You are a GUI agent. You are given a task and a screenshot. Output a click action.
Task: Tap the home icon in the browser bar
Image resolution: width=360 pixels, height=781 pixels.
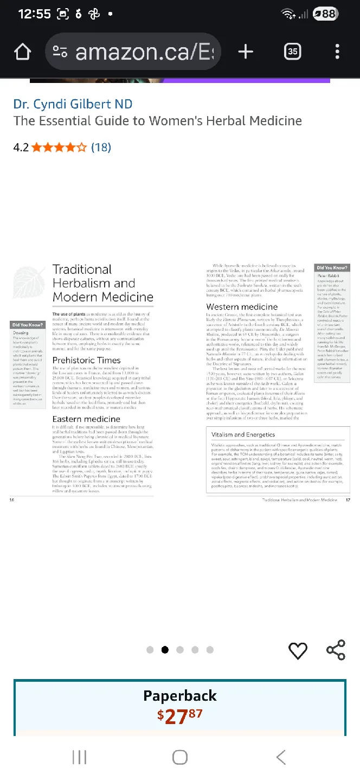[x=22, y=52]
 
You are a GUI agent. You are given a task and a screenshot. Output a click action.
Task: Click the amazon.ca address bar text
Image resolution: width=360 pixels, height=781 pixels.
[x=144, y=52]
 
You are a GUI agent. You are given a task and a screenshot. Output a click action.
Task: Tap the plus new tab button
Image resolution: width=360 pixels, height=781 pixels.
[x=246, y=52]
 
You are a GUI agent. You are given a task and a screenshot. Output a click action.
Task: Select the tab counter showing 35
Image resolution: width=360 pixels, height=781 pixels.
[x=292, y=52]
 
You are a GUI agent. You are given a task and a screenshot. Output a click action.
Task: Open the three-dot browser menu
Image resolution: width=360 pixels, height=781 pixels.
[x=337, y=52]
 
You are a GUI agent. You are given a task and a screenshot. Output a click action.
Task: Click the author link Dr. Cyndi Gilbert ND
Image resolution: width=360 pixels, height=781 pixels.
[x=73, y=104]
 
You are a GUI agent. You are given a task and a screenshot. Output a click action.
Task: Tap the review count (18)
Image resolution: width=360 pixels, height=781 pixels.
[x=101, y=147]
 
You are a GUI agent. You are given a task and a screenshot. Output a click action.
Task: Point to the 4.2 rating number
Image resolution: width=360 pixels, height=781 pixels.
[x=21, y=147]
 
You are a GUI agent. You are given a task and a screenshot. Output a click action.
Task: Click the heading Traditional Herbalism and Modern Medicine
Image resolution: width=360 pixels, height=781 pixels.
[x=102, y=283]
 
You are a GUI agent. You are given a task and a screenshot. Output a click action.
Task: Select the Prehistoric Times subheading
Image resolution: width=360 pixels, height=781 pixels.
[x=86, y=360]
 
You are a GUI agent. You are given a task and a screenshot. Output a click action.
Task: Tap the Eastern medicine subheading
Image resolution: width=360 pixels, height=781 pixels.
[x=86, y=419]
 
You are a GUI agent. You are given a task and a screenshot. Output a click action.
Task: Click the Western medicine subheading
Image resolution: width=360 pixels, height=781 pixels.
[x=242, y=307]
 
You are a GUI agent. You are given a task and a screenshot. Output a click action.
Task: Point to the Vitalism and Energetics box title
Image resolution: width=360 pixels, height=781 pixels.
[x=243, y=434]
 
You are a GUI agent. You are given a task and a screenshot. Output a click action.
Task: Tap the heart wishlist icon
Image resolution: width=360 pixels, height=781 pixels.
[x=298, y=650]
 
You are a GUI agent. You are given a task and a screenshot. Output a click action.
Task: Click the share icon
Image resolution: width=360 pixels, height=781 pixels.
[x=336, y=650]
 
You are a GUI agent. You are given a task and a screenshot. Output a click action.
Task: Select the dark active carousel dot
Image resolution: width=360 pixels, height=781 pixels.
[x=165, y=650]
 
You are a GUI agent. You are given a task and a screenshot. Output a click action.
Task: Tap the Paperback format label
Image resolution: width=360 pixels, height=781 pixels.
[x=180, y=696]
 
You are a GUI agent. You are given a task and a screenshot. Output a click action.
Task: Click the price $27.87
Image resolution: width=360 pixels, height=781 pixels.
[x=180, y=716]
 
